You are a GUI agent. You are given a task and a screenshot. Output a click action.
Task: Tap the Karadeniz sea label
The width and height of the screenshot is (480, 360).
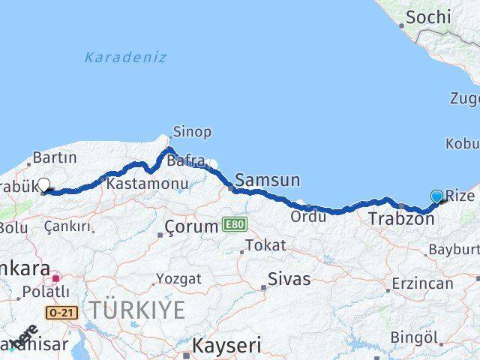125,57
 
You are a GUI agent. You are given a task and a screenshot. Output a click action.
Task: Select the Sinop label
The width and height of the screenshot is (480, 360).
192,133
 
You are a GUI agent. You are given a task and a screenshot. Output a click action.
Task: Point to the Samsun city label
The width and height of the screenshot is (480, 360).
267,180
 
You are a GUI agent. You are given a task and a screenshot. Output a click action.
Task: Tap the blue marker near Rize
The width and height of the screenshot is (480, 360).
437,196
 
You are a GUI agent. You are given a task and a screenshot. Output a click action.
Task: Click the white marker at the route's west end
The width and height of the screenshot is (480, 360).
43,184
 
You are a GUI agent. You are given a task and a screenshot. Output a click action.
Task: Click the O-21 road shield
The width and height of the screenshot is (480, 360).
61,311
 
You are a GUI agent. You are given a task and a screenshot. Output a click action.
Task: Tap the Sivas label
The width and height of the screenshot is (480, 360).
289,279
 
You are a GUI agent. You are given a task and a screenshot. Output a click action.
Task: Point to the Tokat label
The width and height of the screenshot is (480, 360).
265,245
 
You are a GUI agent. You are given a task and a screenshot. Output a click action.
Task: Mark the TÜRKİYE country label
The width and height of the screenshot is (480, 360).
138,310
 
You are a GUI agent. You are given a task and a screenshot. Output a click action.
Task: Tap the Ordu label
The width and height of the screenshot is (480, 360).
309,217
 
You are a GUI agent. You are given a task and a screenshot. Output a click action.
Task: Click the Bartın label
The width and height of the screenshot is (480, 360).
55,157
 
